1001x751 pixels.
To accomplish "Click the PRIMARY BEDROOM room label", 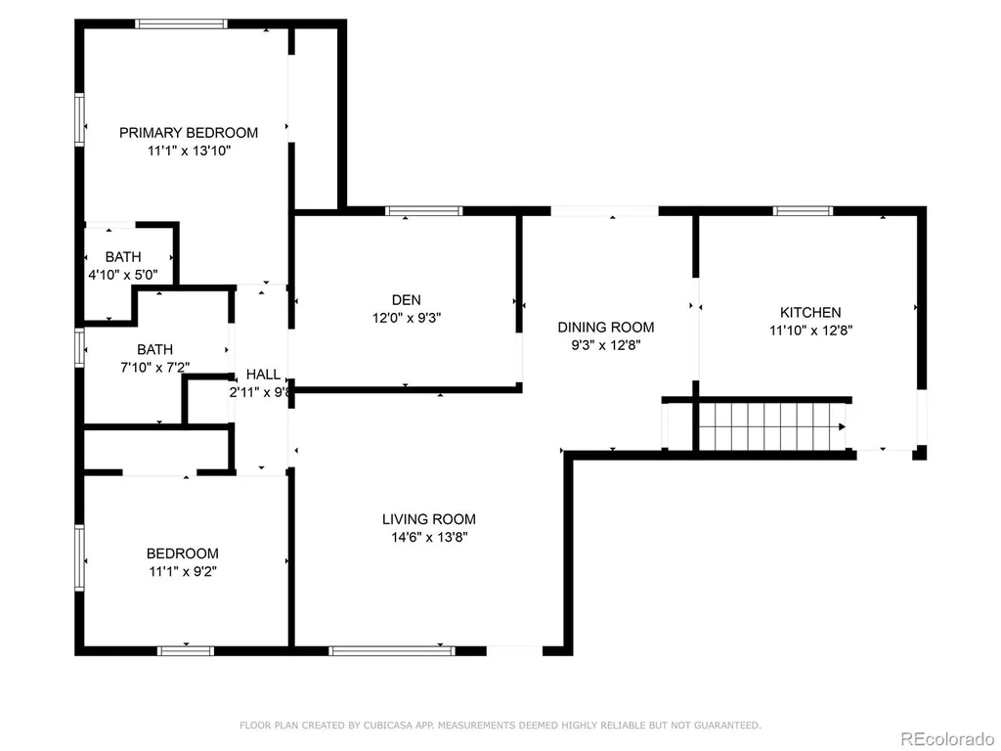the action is (x=189, y=133).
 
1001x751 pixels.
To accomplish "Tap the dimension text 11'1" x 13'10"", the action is (x=189, y=152).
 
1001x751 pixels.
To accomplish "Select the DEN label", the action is (x=407, y=300).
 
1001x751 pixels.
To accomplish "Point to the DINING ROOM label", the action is (x=606, y=328).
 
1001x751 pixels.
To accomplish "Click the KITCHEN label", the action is (x=810, y=312).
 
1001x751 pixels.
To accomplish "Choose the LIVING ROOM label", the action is (x=429, y=519).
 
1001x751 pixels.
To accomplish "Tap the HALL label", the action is (x=263, y=375).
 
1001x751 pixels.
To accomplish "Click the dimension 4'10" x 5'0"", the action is (x=123, y=275).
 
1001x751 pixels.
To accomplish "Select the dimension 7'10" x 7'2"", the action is (x=155, y=368).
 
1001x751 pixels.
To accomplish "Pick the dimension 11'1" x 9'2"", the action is (x=183, y=571).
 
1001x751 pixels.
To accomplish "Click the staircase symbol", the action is (x=772, y=426).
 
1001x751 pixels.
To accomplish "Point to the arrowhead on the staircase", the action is (x=842, y=426).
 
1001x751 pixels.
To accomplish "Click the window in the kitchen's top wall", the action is (x=804, y=211).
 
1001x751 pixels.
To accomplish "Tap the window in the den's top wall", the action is (x=423, y=211).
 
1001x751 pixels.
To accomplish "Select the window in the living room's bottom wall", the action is (x=392, y=650).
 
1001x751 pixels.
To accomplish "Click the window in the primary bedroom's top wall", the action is (x=181, y=24).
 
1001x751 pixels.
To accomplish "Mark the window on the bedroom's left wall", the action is (x=80, y=557).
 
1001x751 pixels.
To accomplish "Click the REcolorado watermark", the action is (x=946, y=739).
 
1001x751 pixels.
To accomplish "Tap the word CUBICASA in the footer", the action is (x=389, y=726).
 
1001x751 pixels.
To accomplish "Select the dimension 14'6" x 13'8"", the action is (x=430, y=538).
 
